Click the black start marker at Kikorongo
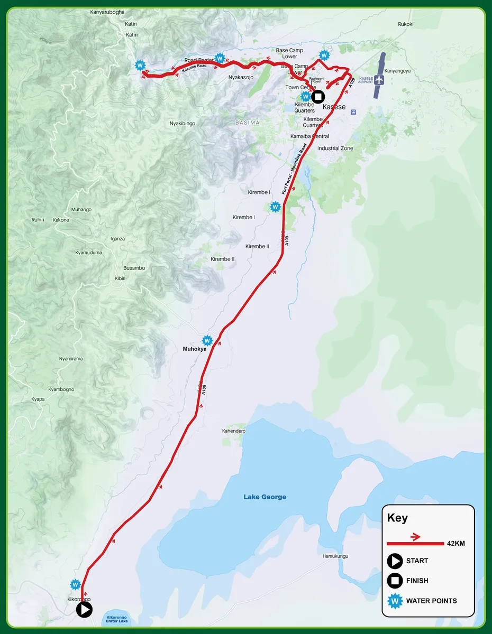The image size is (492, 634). point(85,610)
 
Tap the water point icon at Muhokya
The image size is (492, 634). point(207,341)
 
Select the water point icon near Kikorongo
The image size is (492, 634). point(76,585)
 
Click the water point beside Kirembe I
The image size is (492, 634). point(275,207)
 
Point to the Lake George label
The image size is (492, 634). point(265,497)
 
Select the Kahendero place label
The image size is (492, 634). point(234,431)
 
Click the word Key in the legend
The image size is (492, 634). point(397,518)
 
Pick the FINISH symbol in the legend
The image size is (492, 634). point(395,581)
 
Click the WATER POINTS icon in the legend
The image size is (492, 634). point(395,601)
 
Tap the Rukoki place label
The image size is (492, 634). point(406,24)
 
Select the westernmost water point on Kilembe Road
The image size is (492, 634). point(140,66)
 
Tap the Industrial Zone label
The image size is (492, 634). point(335,148)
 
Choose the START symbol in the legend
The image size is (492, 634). point(395,561)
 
